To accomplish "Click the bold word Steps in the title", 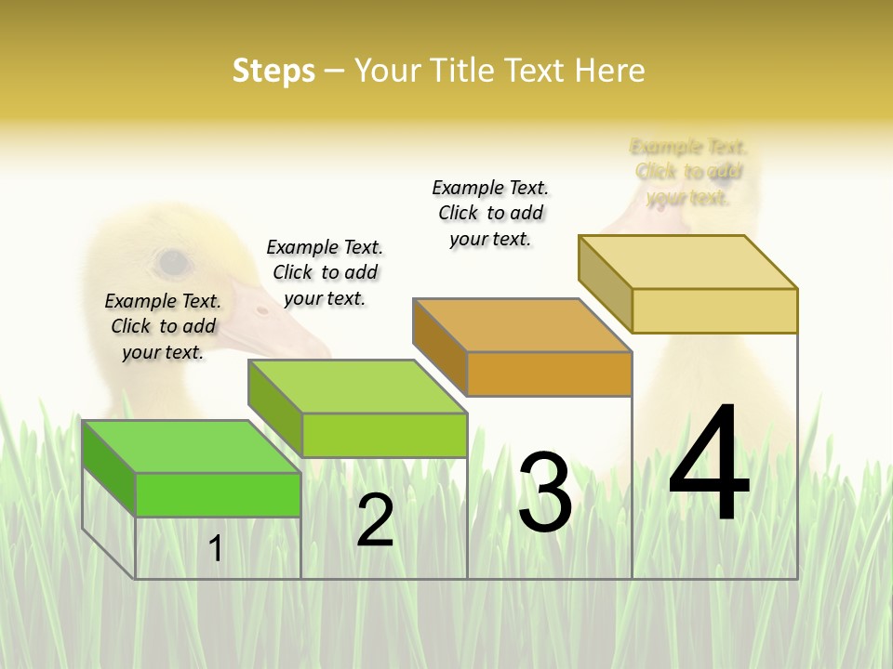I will [273, 71].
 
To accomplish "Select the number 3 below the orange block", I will [544, 493].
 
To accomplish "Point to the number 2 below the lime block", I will [375, 521].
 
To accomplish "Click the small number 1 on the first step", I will [216, 549].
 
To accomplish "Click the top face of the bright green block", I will [191, 446].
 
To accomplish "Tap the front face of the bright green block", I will [218, 494].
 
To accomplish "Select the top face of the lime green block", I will [357, 387].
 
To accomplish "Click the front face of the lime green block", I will [384, 435].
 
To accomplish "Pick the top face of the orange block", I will [522, 325].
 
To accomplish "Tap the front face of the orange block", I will [549, 374].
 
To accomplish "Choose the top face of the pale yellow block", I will [687, 262].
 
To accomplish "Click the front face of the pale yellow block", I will [714, 310].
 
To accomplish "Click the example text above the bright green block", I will [163, 326].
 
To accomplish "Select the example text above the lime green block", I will [325, 272].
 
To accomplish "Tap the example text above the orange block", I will [490, 213].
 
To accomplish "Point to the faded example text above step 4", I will [688, 172].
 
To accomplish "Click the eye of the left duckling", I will [173, 263].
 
